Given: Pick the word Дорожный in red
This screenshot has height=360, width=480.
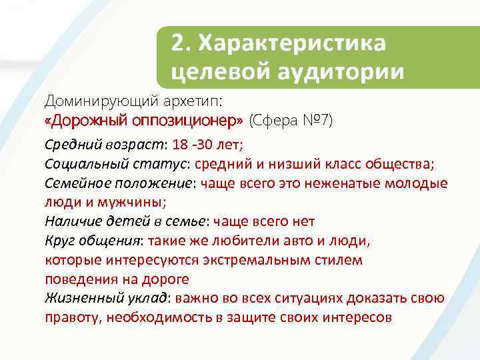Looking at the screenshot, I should pyautogui.click(x=87, y=121).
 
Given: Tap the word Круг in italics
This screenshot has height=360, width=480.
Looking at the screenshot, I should pyautogui.click(x=58, y=241).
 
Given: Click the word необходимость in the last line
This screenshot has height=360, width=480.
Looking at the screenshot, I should pyautogui.click(x=159, y=317).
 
